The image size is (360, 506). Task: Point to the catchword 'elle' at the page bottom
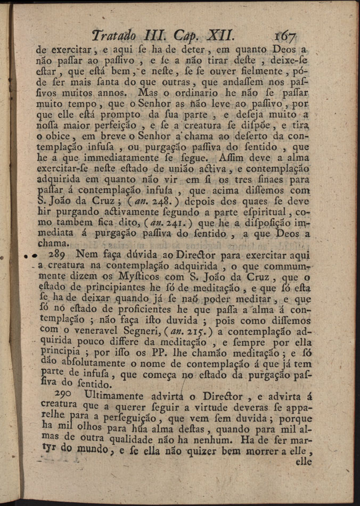pyautogui.click(x=303, y=462)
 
